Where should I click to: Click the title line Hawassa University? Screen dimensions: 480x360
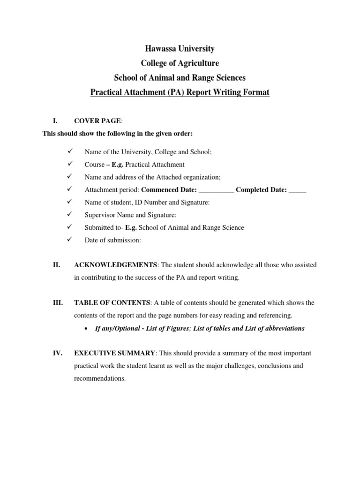180,49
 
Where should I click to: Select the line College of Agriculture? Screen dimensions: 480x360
180,63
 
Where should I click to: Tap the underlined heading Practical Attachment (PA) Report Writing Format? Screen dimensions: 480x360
180,92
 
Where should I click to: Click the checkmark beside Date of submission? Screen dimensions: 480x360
70,240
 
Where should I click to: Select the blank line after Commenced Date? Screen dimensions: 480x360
216,190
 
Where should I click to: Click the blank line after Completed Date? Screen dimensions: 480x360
297,190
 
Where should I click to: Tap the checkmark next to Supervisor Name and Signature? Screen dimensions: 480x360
70,215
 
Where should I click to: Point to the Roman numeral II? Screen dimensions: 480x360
56,265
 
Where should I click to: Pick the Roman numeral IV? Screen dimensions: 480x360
57,353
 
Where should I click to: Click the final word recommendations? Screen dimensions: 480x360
100,378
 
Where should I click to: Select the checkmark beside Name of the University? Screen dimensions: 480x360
70,151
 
